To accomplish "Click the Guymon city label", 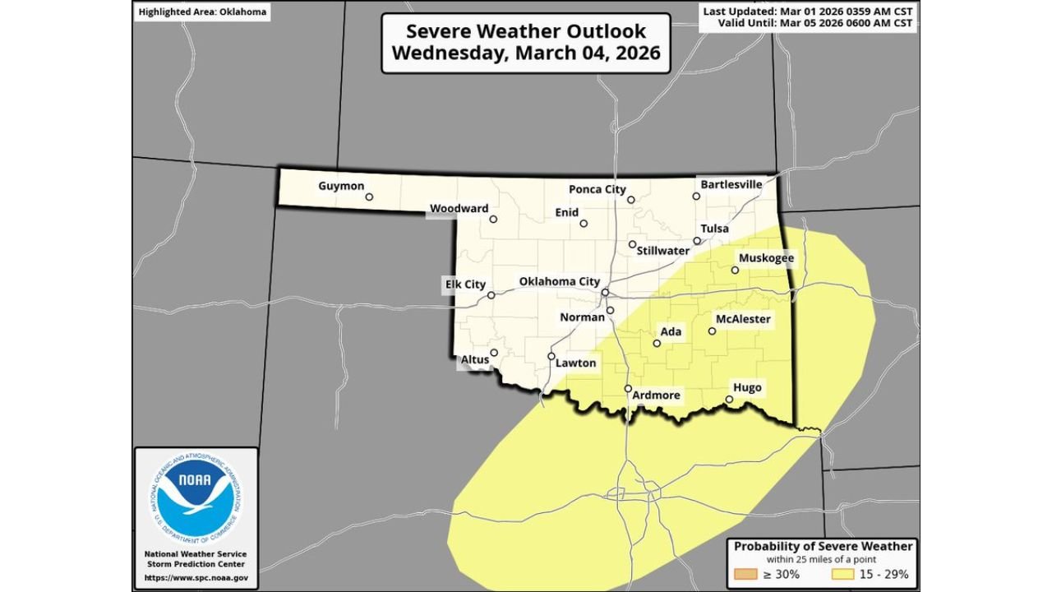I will coord(340,186).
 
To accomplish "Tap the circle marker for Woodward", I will coord(493,220).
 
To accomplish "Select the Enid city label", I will coord(566,212).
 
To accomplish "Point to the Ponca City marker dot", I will coord(631,200).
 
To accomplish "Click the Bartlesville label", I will coord(731,184).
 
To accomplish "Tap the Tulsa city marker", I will coord(697,241).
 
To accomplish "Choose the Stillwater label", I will coord(662,250).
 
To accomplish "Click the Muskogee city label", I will coord(766,258).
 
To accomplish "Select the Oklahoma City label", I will coord(559,281).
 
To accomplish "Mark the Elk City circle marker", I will coord(491,295).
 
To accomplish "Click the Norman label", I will coord(582,317).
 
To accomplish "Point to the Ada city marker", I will coord(657,344).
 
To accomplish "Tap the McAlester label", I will coord(742,319).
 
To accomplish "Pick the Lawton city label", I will coord(575,363).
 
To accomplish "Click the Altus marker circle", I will coord(494,353).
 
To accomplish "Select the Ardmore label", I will coord(656,395).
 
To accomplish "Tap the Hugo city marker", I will coord(729,400).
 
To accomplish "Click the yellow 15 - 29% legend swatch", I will coord(845,575).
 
